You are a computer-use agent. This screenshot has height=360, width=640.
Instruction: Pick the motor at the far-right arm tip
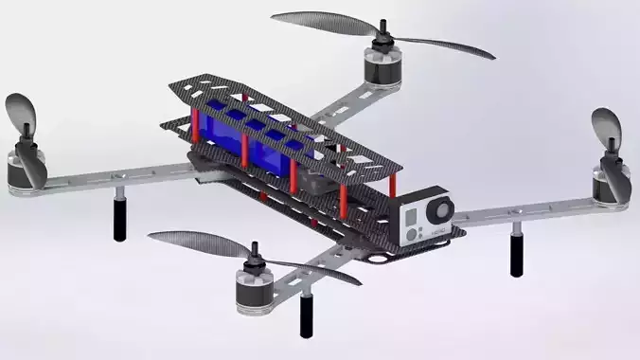(x=611, y=179)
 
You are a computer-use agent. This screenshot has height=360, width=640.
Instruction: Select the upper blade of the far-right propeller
(x=606, y=127)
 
